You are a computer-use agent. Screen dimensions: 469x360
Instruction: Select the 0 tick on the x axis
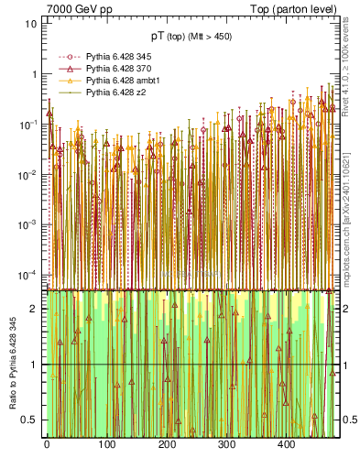coord(46,444)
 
